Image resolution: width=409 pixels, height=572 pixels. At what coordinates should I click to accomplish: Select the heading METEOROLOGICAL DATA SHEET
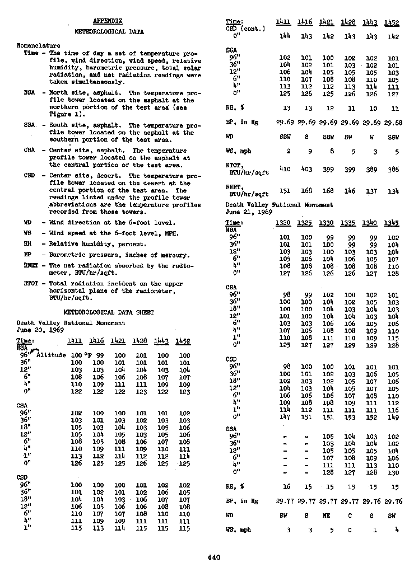[x=109, y=312]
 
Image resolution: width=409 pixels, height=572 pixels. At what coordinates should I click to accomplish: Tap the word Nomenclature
[x=38, y=46]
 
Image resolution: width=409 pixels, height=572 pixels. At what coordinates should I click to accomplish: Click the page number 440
[x=213, y=557]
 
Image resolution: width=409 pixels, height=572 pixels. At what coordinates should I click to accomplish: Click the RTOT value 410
[x=285, y=168]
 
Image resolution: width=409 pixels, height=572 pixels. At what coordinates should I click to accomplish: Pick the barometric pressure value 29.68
[x=393, y=121]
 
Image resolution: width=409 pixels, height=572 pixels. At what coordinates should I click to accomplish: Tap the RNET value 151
[x=285, y=191]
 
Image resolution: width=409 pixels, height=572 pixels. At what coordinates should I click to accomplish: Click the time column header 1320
[x=284, y=223]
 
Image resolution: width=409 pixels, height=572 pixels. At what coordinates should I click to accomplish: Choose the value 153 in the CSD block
[x=350, y=416]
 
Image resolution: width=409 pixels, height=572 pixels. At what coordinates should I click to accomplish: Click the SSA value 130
[x=393, y=473]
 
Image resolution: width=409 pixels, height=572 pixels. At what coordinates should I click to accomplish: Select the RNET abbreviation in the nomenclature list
[x=31, y=266]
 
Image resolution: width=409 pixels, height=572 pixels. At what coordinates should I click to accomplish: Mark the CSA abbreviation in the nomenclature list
[x=30, y=151]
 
